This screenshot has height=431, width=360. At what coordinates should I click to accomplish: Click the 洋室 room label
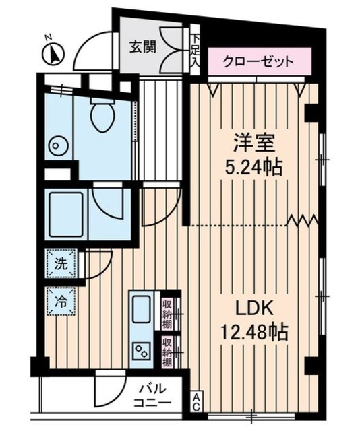pos(253,143)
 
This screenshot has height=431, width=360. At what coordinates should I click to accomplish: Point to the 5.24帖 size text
pos(253,166)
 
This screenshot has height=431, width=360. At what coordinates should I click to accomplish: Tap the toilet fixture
pos(103,117)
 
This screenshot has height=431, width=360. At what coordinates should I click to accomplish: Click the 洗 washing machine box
pos(59,263)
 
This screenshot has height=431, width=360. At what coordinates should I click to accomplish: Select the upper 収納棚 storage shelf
pos(168,311)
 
